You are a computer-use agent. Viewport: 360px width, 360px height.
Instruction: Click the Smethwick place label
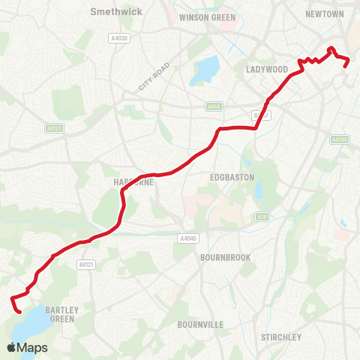[111, 12]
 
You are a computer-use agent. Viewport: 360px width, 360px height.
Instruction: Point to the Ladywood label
[267, 69]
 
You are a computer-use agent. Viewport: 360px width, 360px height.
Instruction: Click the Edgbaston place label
[232, 177]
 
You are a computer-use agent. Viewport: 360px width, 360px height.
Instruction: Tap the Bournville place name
[201, 325]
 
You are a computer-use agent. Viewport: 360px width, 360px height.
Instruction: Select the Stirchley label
[281, 337]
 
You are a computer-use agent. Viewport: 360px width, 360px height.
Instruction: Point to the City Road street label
[154, 76]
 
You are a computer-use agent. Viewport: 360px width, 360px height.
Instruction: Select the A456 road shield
[214, 107]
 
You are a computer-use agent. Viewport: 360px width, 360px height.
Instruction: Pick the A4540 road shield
[340, 139]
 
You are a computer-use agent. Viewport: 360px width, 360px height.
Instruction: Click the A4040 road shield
[187, 238]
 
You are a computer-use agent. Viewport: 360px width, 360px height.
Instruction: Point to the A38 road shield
[262, 216]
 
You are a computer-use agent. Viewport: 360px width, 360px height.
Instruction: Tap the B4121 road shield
[85, 264]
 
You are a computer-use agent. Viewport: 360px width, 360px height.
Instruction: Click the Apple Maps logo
[27, 347]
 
